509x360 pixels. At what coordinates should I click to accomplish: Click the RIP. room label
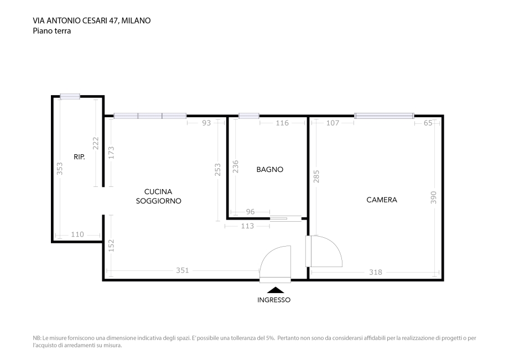click(x=79, y=157)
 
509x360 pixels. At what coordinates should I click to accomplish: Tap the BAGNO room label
click(x=269, y=170)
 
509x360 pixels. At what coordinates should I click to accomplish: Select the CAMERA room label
click(x=382, y=200)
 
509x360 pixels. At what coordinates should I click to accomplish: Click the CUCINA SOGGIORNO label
click(x=159, y=196)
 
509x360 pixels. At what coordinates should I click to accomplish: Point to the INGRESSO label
click(x=274, y=300)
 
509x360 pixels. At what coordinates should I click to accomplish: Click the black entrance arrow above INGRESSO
click(x=275, y=290)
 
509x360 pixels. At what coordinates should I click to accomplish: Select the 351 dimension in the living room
click(x=183, y=270)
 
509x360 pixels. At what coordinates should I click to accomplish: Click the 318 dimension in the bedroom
click(x=376, y=272)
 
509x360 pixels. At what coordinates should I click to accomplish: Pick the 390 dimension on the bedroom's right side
click(x=434, y=197)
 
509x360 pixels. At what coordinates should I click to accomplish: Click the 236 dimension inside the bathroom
click(x=235, y=168)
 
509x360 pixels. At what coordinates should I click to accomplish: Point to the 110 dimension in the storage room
click(x=77, y=234)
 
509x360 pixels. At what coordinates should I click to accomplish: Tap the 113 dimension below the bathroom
click(x=247, y=226)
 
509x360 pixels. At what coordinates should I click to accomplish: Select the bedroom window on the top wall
click(x=384, y=116)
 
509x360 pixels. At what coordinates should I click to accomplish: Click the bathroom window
click(x=248, y=116)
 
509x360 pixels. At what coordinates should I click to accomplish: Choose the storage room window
click(x=70, y=96)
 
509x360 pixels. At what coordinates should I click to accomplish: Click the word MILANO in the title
click(x=136, y=20)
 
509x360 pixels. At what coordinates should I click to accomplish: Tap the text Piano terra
click(x=52, y=31)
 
